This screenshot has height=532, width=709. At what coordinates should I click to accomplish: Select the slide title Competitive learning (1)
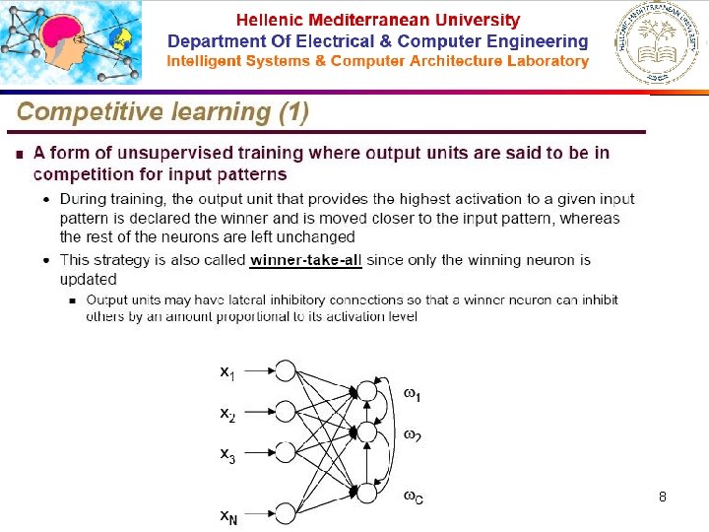(x=162, y=112)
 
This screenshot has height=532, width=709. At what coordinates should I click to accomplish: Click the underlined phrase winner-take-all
(x=306, y=261)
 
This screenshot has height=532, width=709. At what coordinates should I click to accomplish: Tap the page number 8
(x=663, y=498)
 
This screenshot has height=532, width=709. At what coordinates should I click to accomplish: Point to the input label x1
(x=227, y=372)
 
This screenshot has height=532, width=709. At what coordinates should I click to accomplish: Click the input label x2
(x=227, y=414)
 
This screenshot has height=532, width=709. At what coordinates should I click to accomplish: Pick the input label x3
(x=227, y=455)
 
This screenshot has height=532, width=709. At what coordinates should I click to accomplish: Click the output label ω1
(x=413, y=394)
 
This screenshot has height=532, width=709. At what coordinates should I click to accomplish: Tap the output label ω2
(x=413, y=434)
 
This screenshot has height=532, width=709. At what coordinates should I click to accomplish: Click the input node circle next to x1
(x=286, y=370)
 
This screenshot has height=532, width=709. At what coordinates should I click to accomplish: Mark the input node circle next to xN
(x=286, y=512)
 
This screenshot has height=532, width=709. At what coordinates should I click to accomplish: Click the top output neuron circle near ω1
(x=367, y=391)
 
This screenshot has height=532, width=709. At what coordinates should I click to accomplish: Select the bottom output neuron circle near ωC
(x=367, y=492)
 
